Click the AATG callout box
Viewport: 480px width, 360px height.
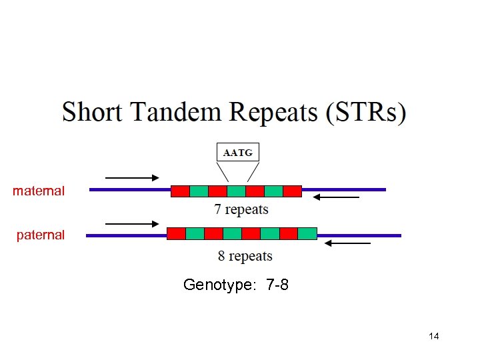click(238, 153)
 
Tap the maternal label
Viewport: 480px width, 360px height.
click(39, 191)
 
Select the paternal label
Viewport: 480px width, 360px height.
click(41, 235)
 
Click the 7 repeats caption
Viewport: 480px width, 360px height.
click(241, 210)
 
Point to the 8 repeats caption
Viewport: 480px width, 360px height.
click(245, 256)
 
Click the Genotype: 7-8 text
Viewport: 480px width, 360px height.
click(236, 285)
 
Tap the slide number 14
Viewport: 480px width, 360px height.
click(434, 336)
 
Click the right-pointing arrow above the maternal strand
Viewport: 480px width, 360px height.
click(132, 178)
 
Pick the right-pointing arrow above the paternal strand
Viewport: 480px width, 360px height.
click(132, 224)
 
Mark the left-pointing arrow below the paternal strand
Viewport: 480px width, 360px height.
click(347, 244)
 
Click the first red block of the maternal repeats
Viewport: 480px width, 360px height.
click(180, 191)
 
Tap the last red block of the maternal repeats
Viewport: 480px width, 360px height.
click(293, 191)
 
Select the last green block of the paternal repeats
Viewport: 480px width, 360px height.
click(307, 233)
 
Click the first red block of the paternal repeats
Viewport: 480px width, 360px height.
click(176, 233)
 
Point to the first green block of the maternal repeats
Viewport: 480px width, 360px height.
click(199, 191)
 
